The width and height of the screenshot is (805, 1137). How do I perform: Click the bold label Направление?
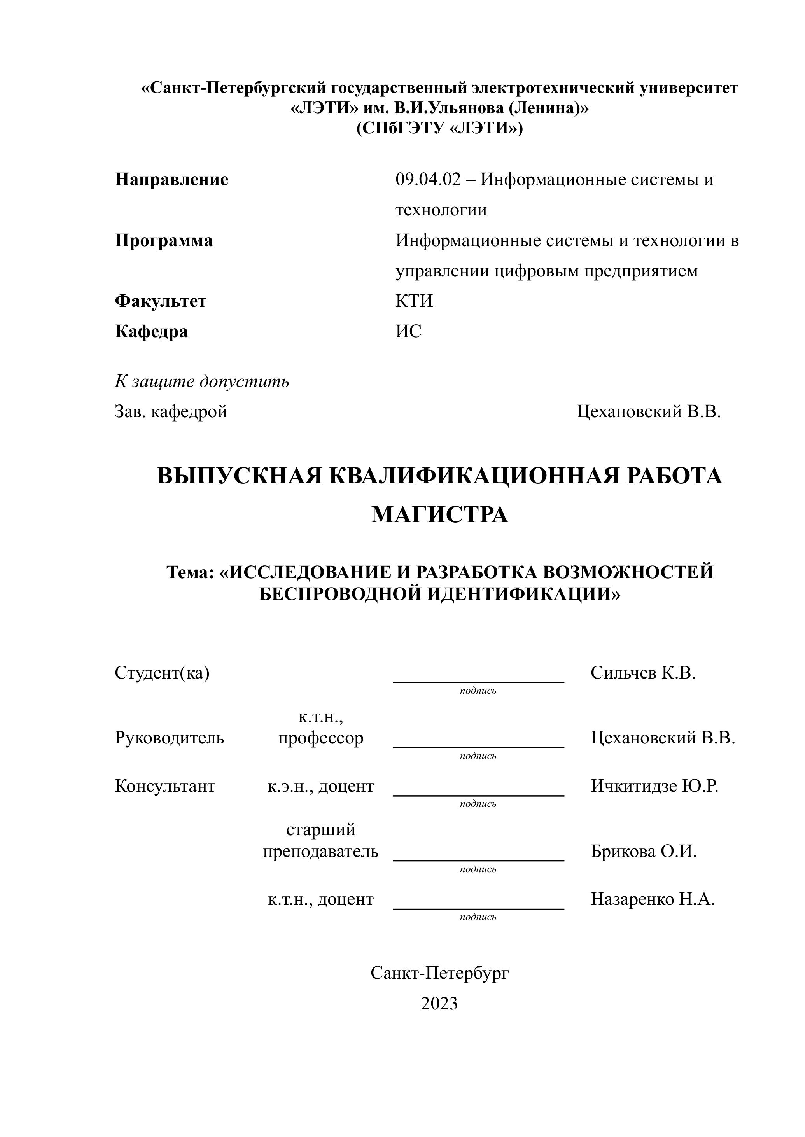(171, 179)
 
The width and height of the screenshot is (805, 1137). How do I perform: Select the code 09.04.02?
(428, 179)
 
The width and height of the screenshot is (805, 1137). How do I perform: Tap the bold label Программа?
(164, 240)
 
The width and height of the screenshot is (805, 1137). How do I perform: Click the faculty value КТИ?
(414, 301)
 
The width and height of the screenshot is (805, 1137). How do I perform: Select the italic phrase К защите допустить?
(202, 381)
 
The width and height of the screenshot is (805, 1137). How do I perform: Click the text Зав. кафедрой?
(171, 411)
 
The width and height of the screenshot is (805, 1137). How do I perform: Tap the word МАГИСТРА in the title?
(440, 514)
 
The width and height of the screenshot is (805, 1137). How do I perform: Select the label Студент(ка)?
(162, 673)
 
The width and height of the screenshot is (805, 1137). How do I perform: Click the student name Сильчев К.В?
(643, 673)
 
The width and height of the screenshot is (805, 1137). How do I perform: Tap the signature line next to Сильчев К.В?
(478, 682)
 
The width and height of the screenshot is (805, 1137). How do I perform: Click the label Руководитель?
(169, 738)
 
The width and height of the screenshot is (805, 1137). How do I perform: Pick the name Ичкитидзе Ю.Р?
(654, 786)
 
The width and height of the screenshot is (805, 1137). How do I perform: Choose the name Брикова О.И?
(643, 852)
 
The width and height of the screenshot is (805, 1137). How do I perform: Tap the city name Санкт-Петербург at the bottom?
(440, 973)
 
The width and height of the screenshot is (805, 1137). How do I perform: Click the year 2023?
(439, 1003)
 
